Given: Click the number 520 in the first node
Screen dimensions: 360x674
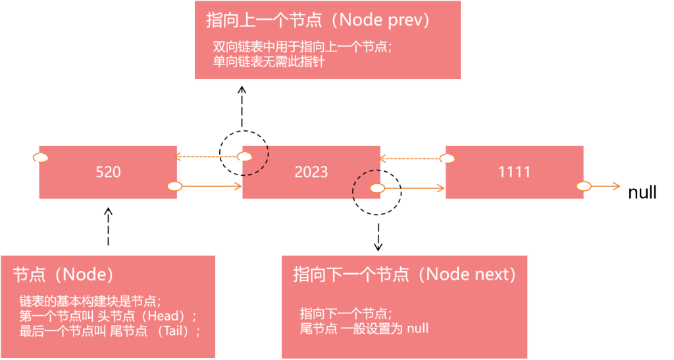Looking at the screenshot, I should coord(108,172).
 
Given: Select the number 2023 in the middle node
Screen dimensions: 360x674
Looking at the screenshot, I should coord(311,172).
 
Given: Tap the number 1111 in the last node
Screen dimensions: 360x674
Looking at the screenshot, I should coord(514,172).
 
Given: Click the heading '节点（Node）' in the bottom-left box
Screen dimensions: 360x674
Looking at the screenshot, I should coord(63,274).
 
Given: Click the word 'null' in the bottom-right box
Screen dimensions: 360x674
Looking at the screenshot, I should coord(417,328).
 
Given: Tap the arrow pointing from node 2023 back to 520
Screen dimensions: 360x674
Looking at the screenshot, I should coord(207,157).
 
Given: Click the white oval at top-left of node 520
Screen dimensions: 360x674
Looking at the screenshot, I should coord(40,157).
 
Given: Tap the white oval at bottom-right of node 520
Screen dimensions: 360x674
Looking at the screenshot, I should coord(174,186).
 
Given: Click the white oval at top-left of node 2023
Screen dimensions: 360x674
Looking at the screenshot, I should coord(244,157).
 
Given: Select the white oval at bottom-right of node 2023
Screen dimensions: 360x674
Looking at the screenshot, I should coord(376,188).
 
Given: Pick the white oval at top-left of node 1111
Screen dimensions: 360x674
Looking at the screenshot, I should coord(446,158).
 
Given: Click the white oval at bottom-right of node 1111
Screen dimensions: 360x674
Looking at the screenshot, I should coord(583,186).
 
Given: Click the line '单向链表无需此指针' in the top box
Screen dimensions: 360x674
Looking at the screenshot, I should coord(269,62).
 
